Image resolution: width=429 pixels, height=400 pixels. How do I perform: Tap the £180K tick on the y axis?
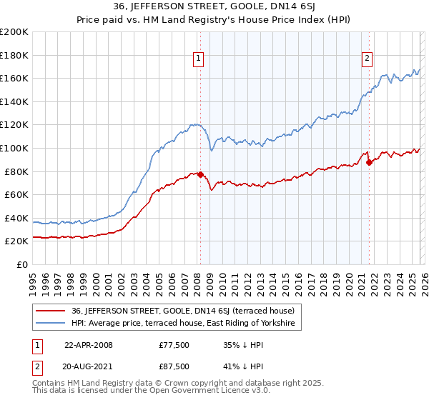(14, 54)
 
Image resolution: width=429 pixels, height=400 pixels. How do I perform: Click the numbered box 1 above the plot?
(197, 59)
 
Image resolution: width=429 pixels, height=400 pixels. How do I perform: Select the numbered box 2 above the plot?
(367, 59)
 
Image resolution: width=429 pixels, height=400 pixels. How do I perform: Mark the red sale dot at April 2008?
(201, 174)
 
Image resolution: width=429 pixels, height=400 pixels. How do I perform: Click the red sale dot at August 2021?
(370, 162)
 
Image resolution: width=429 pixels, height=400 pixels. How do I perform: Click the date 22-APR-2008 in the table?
(89, 345)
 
